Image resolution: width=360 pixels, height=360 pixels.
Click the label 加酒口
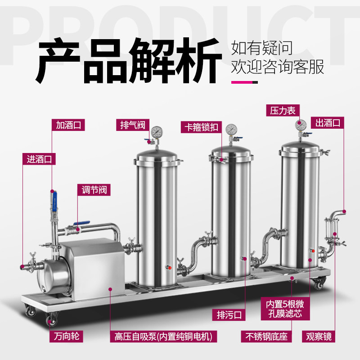pos(67,124)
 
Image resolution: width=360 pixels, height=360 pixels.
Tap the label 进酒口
pos(39,158)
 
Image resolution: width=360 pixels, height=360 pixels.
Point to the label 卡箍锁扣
pos(200,127)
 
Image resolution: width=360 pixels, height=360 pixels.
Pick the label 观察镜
pos(319,336)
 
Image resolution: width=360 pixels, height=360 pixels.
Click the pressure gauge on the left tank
pos(157,132)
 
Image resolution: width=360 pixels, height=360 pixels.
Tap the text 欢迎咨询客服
pos(277,67)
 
